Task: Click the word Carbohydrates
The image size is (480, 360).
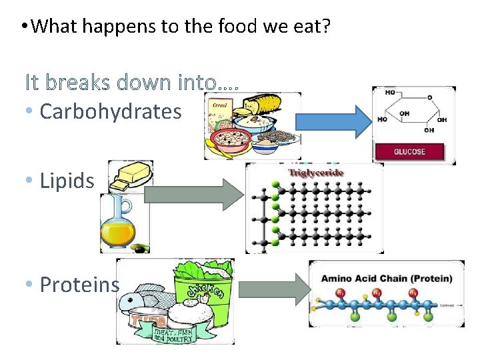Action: (x=111, y=111)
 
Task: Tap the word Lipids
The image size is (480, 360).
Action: (x=67, y=180)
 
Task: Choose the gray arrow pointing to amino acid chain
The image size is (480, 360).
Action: (x=274, y=289)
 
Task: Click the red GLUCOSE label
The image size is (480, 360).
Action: (x=409, y=151)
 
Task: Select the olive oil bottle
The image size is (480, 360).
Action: (x=119, y=223)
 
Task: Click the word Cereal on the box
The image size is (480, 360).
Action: (x=219, y=105)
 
